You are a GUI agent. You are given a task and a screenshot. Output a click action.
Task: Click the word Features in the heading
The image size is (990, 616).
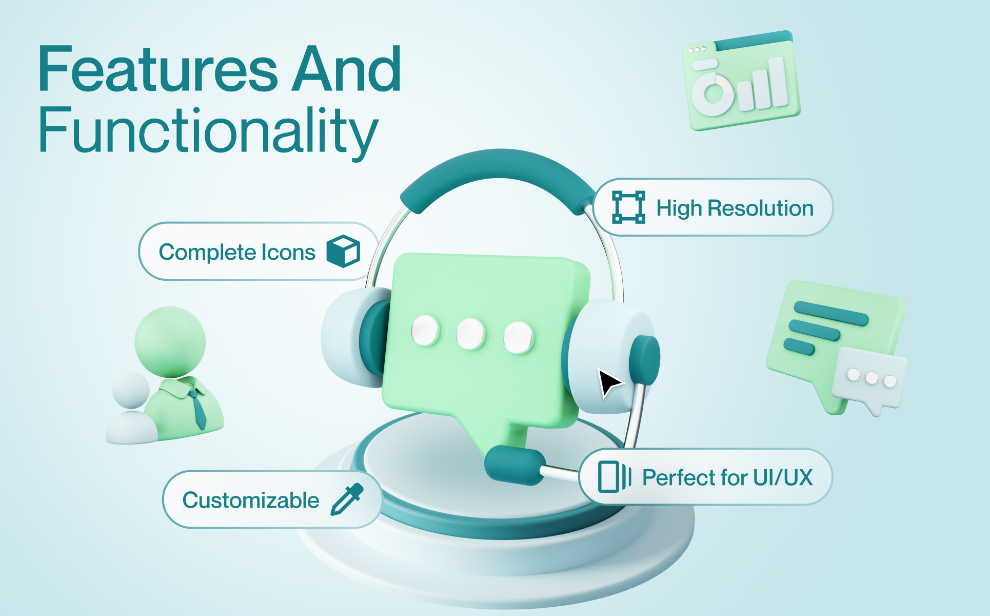point(158,69)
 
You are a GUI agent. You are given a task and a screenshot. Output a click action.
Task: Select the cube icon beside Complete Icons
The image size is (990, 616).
point(343,251)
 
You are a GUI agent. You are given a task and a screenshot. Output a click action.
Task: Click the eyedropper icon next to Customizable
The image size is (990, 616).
point(347,499)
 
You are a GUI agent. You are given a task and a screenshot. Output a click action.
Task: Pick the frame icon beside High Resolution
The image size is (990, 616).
point(628,207)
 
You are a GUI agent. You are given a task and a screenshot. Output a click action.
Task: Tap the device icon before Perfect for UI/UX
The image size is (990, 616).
point(615,476)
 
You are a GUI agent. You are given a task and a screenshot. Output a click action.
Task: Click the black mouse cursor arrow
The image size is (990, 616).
point(609,382)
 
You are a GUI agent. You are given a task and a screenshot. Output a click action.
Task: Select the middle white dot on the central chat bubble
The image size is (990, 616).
point(470,334)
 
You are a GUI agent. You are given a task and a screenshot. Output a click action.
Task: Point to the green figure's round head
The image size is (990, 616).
point(170,342)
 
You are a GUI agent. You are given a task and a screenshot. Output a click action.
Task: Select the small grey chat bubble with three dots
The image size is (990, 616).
point(869,380)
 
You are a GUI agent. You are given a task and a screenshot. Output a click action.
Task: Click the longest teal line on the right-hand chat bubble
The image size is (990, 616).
point(831,313)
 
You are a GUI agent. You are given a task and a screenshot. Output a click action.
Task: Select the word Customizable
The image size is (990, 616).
point(251,500)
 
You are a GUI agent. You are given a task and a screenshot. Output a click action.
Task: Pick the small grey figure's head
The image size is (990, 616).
point(131,390)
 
